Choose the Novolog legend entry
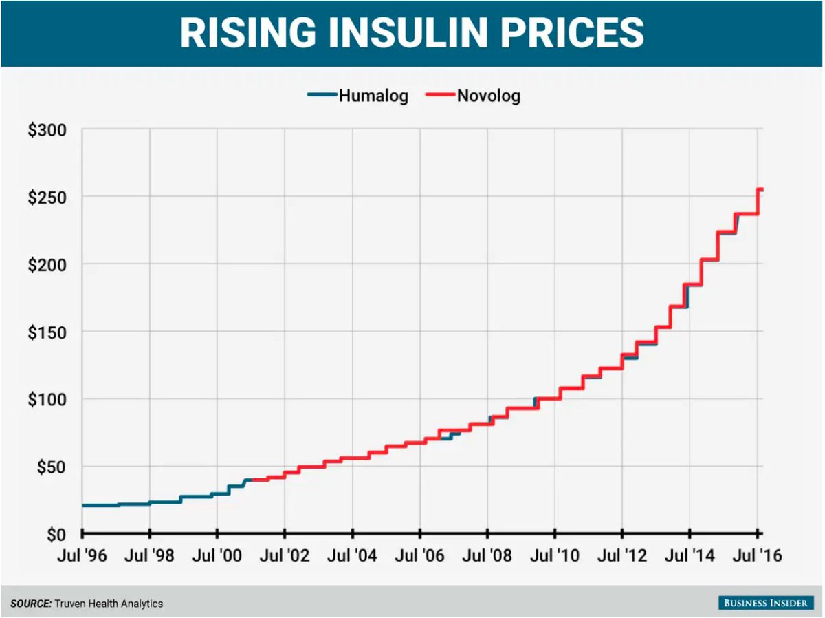[x=488, y=96]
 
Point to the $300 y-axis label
[x=47, y=129]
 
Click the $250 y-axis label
[x=47, y=197]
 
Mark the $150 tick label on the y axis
[x=47, y=332]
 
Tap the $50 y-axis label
[x=51, y=467]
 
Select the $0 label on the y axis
[x=55, y=534]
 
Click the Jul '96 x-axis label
[x=82, y=555]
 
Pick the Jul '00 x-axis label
[x=217, y=555]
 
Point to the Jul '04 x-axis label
[x=352, y=555]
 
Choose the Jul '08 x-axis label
[x=487, y=555]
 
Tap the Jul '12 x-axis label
[x=621, y=555]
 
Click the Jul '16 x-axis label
[x=756, y=555]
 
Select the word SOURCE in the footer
[x=31, y=604]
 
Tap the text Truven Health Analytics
[x=109, y=604]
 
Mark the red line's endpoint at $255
[x=762, y=189]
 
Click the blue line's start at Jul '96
[x=82, y=505]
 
